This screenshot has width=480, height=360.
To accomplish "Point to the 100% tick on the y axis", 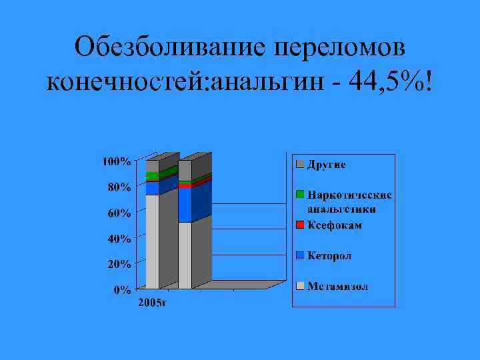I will click(x=116, y=161).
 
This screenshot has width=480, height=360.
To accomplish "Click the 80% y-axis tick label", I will click(x=119, y=187).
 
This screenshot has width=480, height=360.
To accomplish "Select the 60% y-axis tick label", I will click(x=119, y=213).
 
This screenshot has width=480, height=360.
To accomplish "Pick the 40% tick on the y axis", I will click(x=119, y=239).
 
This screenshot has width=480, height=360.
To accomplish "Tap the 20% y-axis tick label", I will click(x=119, y=264).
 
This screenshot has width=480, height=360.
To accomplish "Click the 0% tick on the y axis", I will click(x=121, y=290).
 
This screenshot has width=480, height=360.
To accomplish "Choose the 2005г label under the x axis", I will click(x=152, y=304).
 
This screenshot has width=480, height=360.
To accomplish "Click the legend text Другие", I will click(x=326, y=164).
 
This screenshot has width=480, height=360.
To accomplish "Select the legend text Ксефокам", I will click(x=335, y=225).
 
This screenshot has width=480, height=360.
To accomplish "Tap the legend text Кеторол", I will click(x=329, y=256).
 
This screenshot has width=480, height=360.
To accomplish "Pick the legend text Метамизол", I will click(x=337, y=287).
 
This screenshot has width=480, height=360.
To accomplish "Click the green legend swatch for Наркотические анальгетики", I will click(x=301, y=195).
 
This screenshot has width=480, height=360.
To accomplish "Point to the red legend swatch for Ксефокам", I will click(x=301, y=225).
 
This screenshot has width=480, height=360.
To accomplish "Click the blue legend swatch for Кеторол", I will click(x=301, y=256).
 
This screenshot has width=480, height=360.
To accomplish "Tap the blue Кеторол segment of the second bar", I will click(x=185, y=205).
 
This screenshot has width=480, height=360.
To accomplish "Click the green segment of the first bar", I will click(x=152, y=176).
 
